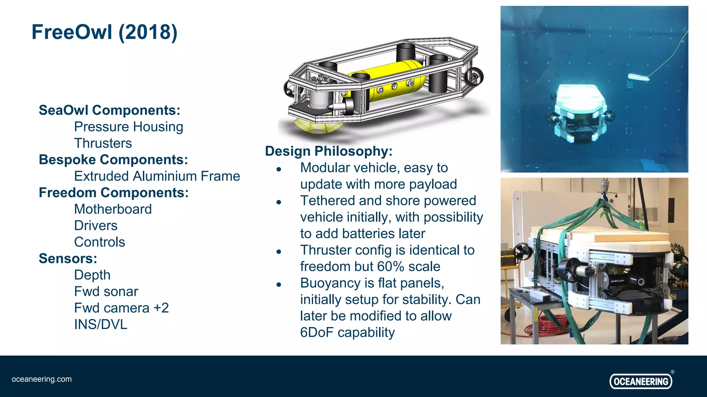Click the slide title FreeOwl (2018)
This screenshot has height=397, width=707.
[104, 32]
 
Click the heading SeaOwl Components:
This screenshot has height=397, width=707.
[109, 110]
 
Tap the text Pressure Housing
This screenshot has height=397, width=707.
[128, 127]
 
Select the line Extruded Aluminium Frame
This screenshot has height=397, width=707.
[157, 176]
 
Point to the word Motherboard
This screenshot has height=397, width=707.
[113, 209]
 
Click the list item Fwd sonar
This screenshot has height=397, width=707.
[106, 292]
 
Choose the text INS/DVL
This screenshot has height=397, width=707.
[100, 324]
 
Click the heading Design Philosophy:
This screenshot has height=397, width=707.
[329, 151]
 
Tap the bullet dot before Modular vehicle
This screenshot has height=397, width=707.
[279, 169]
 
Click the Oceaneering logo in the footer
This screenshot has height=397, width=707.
[641, 381]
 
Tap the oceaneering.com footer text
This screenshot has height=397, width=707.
[42, 379]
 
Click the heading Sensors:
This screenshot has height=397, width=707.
[68, 258]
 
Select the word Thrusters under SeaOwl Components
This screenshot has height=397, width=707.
[103, 143]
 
